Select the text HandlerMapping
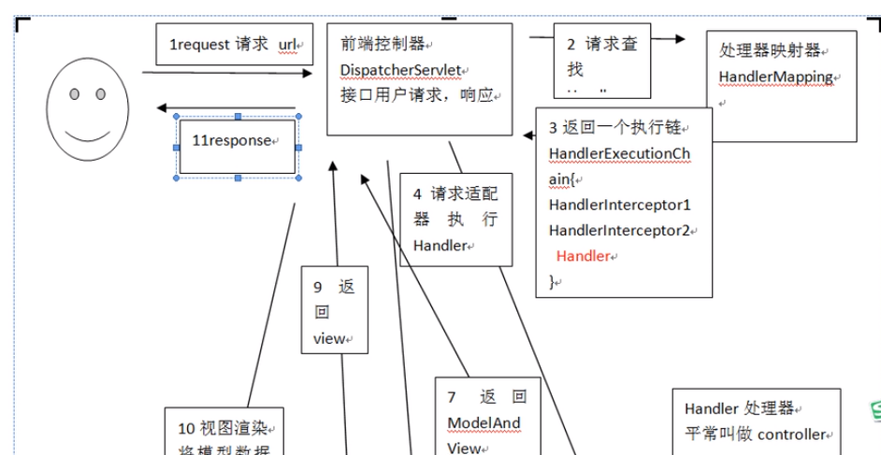775,77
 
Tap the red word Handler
583,255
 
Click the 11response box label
230,141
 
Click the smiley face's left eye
76,93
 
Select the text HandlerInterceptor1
619,205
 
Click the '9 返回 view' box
334,311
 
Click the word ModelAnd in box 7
484,422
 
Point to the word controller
790,434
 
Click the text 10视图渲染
222,429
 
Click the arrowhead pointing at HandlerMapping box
680,38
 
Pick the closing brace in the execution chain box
553,280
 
